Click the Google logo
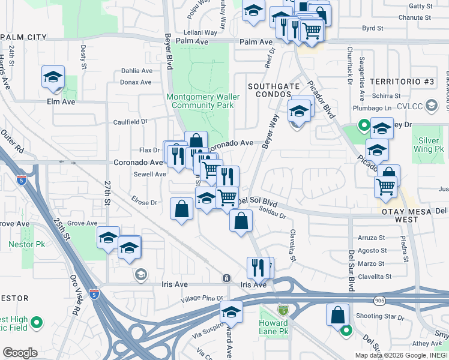(20, 353)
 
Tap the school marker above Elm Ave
(53, 78)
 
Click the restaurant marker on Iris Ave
(259, 267)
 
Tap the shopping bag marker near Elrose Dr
(182, 209)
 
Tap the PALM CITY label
(24, 37)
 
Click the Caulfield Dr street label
(130, 122)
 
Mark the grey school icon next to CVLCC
(430, 106)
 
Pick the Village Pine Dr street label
(203, 298)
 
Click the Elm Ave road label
(61, 102)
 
